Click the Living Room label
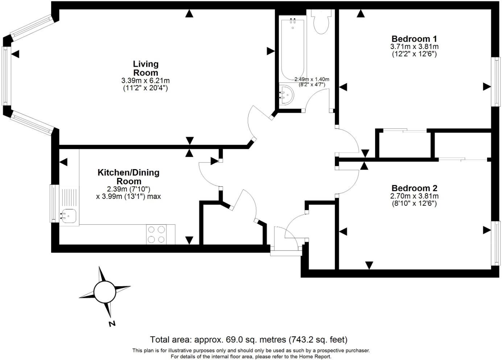(145, 68)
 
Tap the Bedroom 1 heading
(414, 39)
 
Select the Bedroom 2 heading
(414, 188)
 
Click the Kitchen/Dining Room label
(128, 177)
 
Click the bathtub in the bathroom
(293, 47)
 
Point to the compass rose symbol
(104, 292)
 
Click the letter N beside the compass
(112, 323)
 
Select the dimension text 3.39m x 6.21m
(145, 81)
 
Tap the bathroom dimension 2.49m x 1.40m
(312, 79)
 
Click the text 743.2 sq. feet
(318, 340)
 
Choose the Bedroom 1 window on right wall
(495, 82)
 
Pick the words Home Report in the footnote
(316, 356)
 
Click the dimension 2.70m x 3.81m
(414, 196)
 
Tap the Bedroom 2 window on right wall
(495, 242)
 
